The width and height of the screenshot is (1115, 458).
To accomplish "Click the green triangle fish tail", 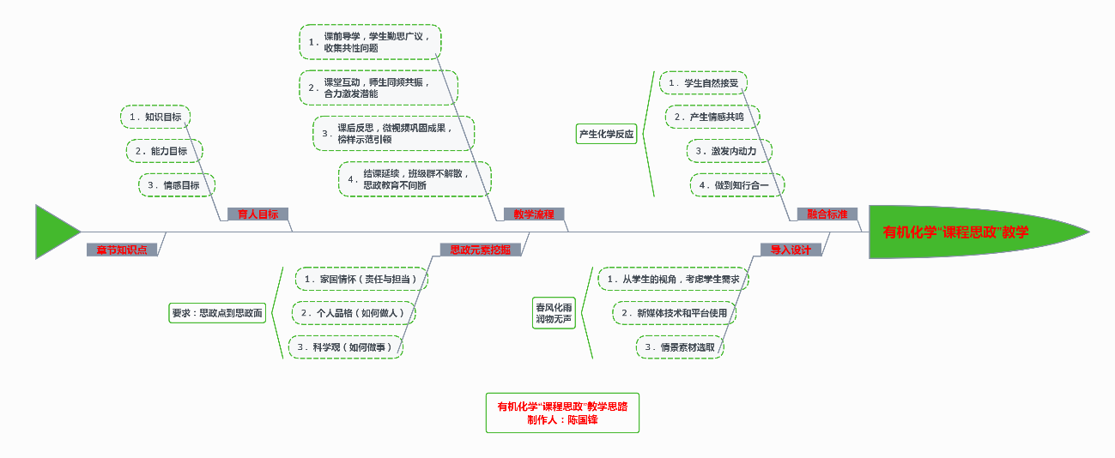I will (53, 231).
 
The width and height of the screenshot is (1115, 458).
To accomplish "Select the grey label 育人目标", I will (258, 214).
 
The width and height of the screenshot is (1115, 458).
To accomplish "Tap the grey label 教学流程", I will (534, 214).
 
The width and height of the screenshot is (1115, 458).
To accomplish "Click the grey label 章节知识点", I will (121, 250).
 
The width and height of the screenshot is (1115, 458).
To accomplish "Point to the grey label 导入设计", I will (791, 250).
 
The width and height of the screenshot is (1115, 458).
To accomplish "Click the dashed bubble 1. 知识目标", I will (155, 117).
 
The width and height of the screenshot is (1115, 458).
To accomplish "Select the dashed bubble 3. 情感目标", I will (176, 184).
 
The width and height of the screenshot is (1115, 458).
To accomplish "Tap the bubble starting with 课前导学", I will (370, 42).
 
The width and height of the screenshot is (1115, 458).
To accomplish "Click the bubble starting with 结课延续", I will (415, 178).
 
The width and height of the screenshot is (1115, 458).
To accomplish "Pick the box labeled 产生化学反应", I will (606, 134).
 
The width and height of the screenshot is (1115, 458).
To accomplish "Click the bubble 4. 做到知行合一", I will (736, 184).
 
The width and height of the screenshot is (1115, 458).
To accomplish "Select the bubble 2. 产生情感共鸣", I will (712, 117).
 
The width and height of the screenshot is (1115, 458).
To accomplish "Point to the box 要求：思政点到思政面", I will (217, 313).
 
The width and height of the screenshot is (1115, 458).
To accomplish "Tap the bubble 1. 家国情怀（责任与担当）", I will (361, 279).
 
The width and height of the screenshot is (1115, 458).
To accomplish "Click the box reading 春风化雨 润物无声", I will (554, 313).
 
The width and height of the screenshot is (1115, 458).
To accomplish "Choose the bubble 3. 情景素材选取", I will (679, 347).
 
